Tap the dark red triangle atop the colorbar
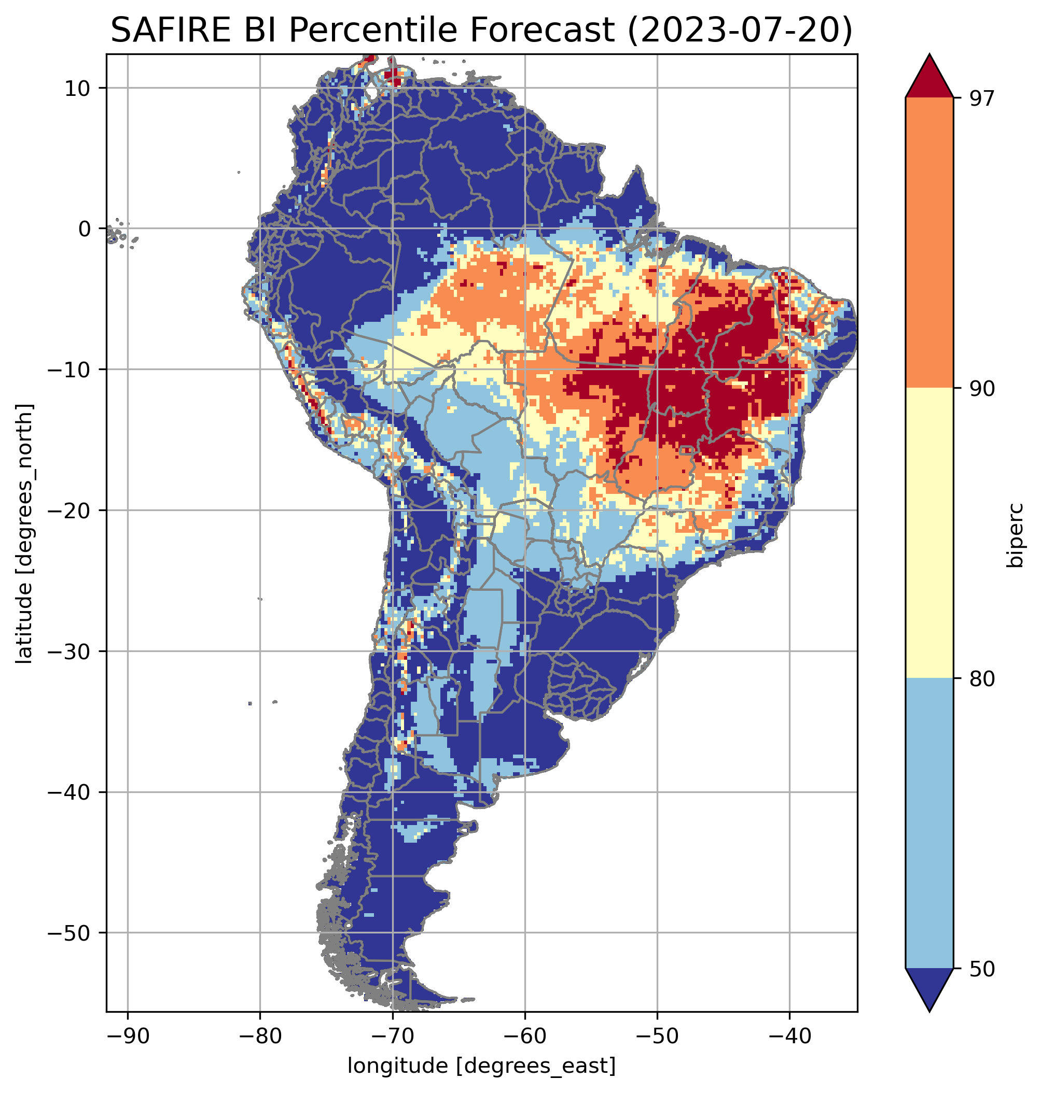point(929,78)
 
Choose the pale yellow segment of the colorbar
point(929,532)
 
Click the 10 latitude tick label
point(78,89)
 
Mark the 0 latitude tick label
point(85,229)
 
